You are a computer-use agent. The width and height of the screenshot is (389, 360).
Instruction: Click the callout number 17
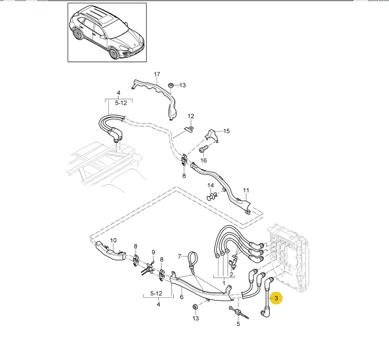click(157, 75)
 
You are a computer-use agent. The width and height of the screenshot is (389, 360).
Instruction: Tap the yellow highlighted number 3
click(276, 298)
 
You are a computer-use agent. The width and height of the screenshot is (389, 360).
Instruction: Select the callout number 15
click(226, 131)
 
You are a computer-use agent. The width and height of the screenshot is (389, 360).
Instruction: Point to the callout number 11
click(246, 190)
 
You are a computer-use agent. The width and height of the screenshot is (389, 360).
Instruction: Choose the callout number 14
click(211, 185)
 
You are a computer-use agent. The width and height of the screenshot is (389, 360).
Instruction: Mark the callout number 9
click(153, 252)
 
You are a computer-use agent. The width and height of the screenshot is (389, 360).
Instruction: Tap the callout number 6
click(181, 297)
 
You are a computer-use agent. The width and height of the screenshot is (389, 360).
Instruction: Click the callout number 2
click(231, 274)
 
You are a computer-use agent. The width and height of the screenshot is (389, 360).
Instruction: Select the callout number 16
click(203, 160)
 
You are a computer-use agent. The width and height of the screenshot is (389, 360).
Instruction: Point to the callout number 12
click(191, 116)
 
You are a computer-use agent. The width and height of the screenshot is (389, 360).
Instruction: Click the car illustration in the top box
click(107, 33)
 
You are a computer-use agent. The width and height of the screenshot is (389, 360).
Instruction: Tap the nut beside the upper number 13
click(170, 86)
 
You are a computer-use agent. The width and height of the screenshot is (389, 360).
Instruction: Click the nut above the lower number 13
click(195, 307)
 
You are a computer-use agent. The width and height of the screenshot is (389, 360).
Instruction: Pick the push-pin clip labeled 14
click(212, 198)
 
